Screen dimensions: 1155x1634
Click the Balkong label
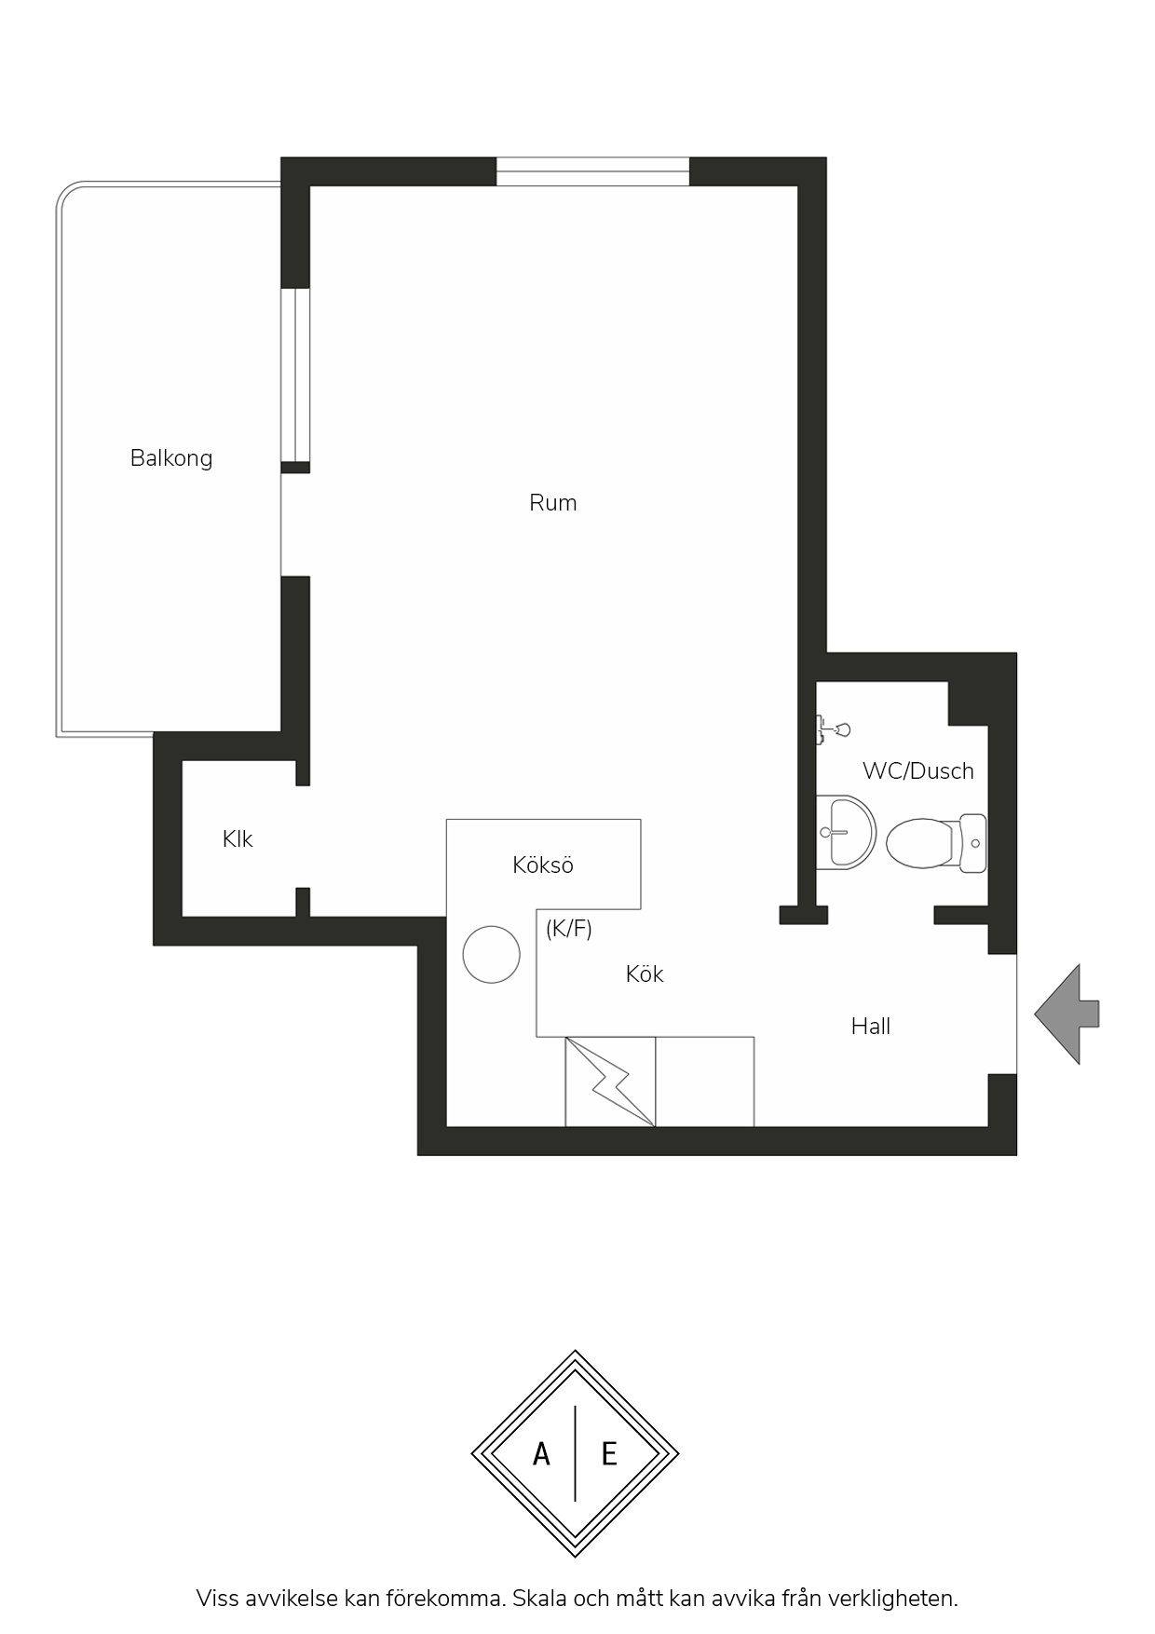(x=171, y=458)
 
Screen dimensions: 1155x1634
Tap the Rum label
(x=553, y=503)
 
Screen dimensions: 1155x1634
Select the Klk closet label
(x=238, y=839)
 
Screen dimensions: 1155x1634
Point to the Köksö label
(x=543, y=865)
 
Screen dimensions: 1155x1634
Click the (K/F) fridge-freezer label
(x=569, y=929)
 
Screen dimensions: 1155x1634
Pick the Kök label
(x=645, y=974)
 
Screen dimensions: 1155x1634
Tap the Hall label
(x=871, y=1027)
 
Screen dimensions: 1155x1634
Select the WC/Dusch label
(x=918, y=771)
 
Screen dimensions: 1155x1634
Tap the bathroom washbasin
(x=846, y=832)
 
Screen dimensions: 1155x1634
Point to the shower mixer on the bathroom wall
(x=832, y=728)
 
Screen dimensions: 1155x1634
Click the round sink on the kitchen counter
(x=491, y=955)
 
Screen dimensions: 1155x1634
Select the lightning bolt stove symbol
(x=610, y=1082)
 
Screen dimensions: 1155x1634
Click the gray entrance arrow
(x=1067, y=1014)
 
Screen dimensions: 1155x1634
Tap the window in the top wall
(x=592, y=172)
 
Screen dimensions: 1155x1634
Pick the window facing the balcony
(x=295, y=375)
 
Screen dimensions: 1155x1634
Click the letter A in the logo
(x=541, y=1454)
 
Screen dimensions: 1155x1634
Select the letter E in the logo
(x=609, y=1454)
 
